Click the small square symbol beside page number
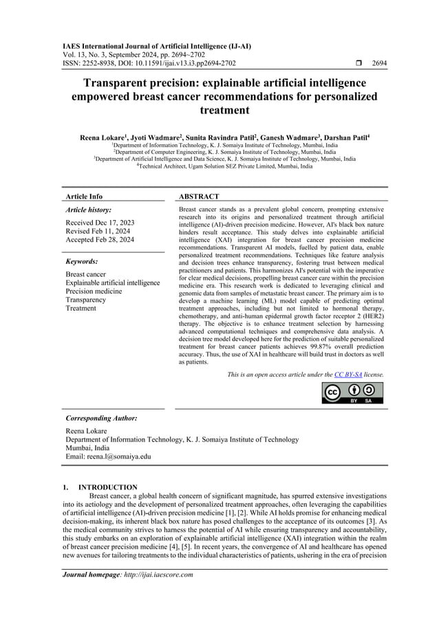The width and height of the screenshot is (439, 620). [x=351, y=63]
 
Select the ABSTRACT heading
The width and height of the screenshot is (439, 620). [x=199, y=197]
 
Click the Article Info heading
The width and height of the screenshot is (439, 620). [x=83, y=197]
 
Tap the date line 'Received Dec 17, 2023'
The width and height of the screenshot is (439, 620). [x=100, y=223]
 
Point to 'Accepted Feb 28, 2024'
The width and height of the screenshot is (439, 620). [x=100, y=240]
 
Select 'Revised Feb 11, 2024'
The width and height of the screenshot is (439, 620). [x=98, y=232]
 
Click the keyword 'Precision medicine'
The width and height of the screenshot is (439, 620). [x=94, y=291]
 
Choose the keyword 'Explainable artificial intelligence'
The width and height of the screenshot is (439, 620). [x=112, y=283]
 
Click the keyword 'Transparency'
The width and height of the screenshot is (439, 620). [x=86, y=300]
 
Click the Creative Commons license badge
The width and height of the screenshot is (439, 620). [x=352, y=393]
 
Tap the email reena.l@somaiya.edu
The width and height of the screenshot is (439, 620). [x=108, y=456]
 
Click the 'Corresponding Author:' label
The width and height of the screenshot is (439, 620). [x=100, y=418]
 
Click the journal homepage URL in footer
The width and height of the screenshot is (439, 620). [x=156, y=575]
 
